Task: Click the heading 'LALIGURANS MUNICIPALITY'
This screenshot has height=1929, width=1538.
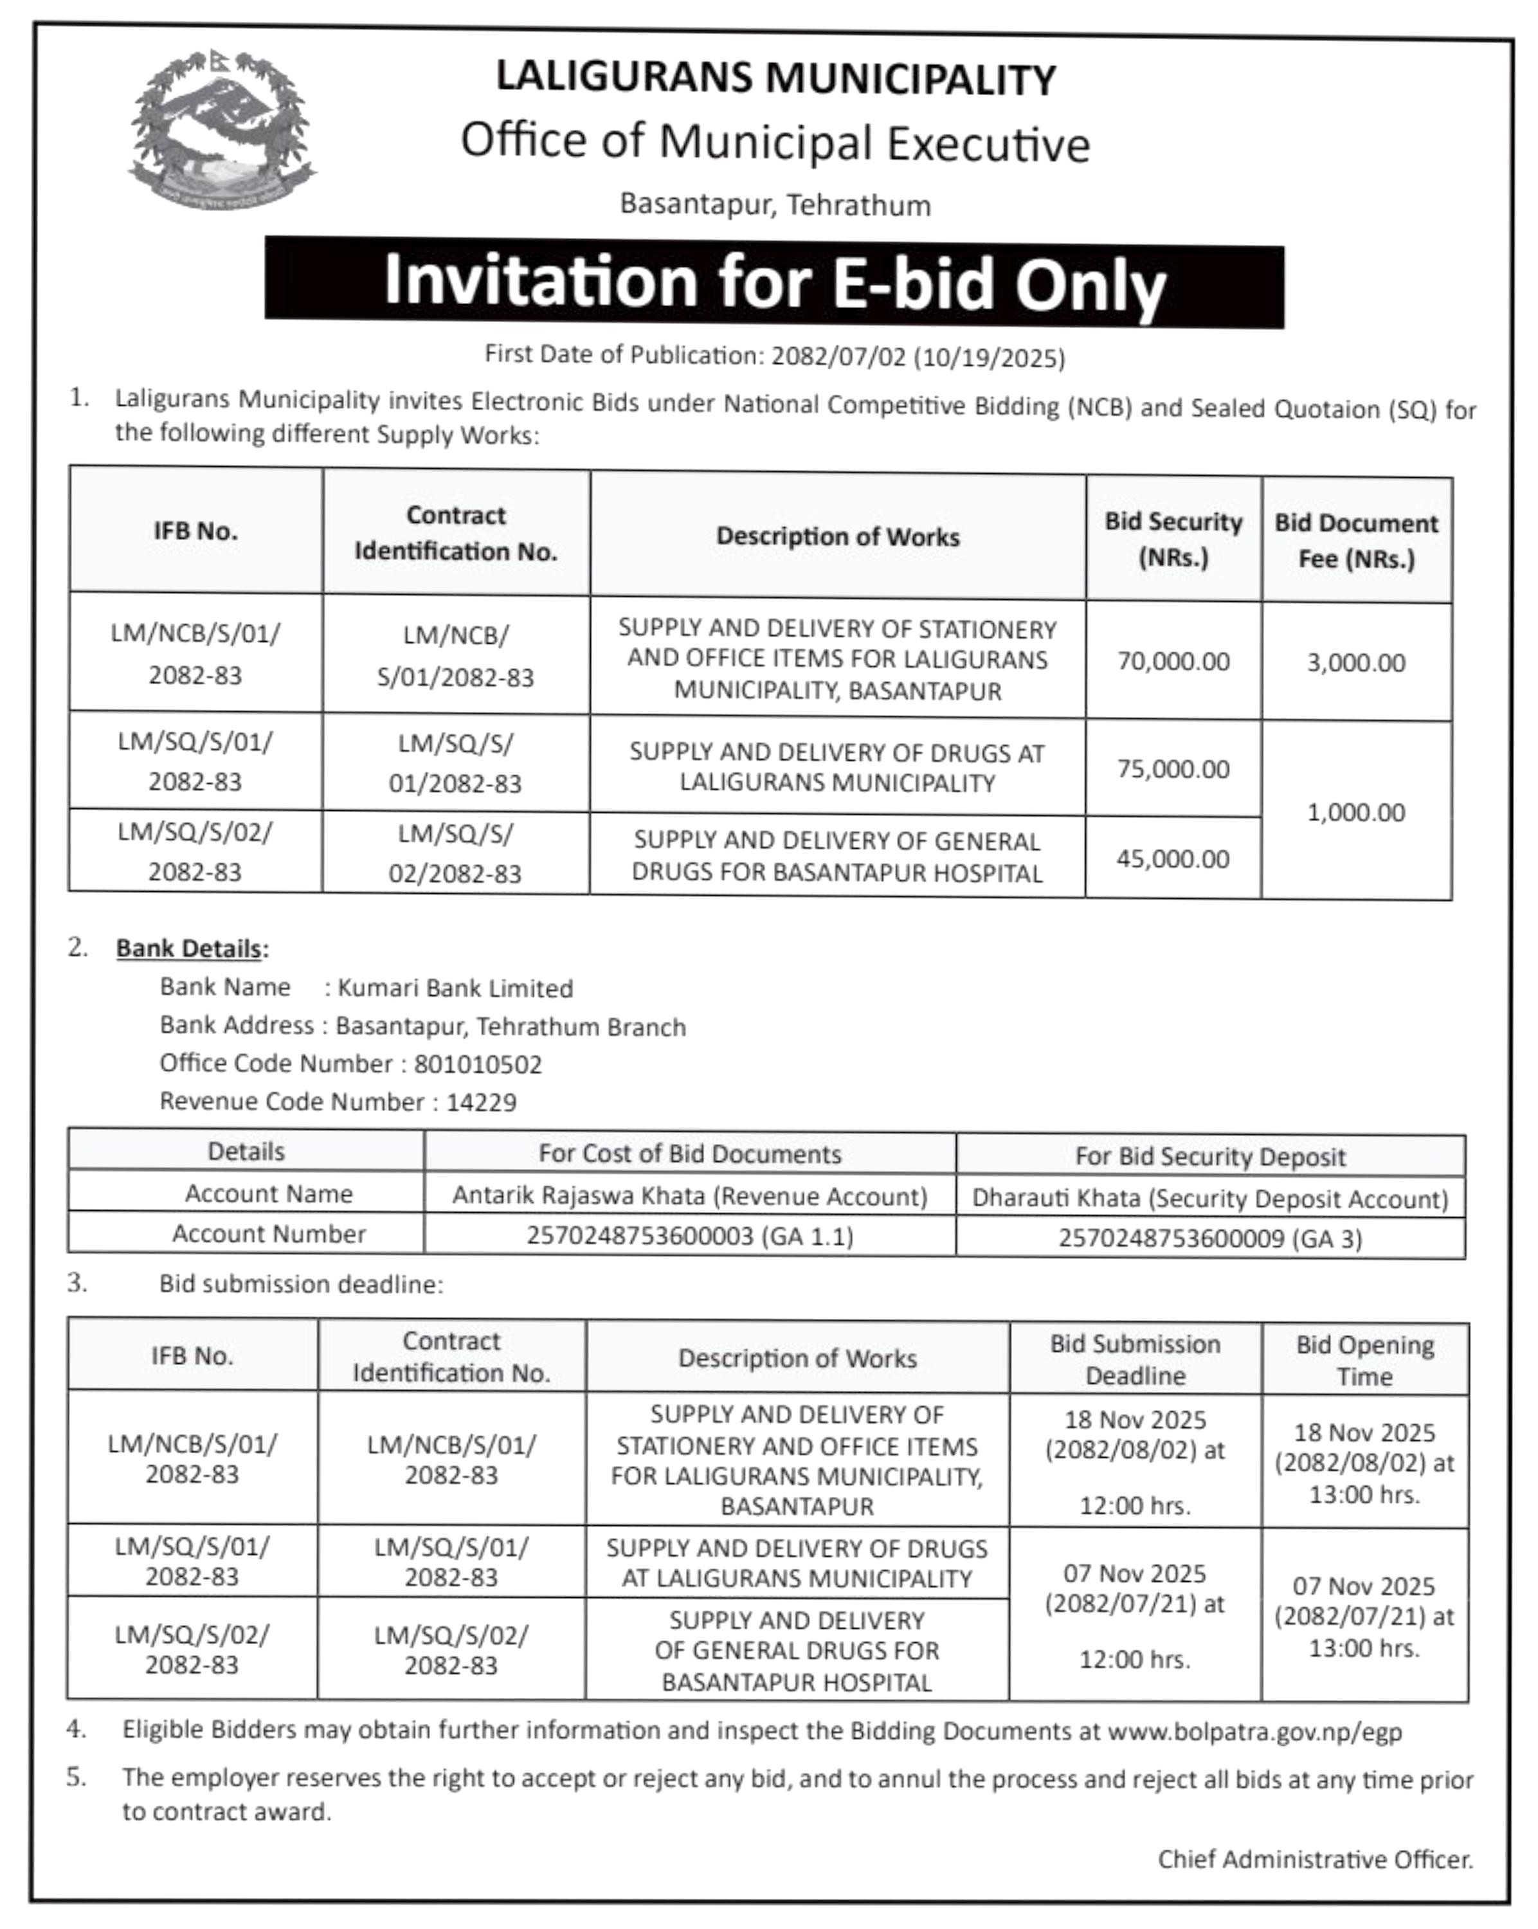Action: click(x=775, y=78)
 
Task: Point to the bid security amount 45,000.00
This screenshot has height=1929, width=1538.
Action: click(x=1173, y=859)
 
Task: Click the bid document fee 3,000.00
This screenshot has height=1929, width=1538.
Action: click(x=1355, y=663)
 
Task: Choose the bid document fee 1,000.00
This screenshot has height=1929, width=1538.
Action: click(x=1355, y=812)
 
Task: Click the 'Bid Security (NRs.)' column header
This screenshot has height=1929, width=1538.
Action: click(x=1173, y=539)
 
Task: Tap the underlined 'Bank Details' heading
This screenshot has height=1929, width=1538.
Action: click(x=189, y=948)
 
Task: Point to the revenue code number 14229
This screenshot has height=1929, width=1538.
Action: click(x=482, y=1102)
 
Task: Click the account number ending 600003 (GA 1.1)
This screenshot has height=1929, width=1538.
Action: click(x=690, y=1236)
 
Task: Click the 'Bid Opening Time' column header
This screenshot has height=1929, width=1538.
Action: click(x=1364, y=1360)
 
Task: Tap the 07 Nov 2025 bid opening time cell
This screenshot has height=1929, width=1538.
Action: click(x=1364, y=1617)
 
